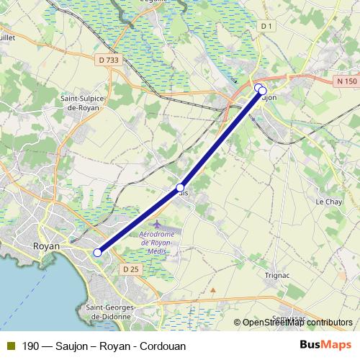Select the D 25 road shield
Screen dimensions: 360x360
130,269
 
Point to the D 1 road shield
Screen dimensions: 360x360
267,27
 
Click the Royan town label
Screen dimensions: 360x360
46,246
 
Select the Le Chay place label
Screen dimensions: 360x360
328,202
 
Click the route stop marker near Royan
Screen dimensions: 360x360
97,252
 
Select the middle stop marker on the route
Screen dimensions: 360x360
180,187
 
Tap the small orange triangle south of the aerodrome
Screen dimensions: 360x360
212,291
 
